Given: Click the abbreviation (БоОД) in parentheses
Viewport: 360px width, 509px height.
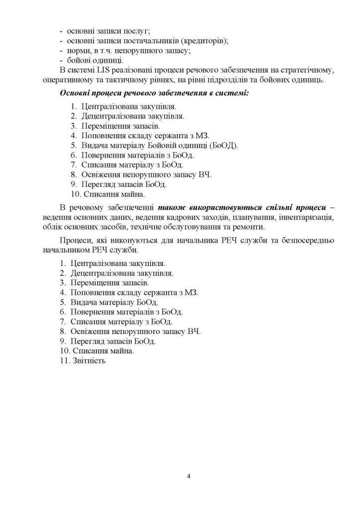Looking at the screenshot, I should [225, 145].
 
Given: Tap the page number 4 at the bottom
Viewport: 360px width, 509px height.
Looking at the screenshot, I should [188, 476].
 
